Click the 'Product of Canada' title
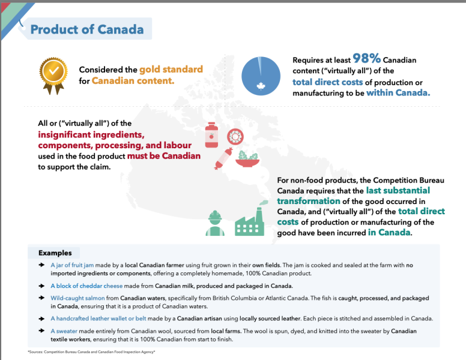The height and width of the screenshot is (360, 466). [86, 29]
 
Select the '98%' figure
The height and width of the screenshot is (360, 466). [366, 59]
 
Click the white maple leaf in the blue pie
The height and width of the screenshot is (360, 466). [261, 86]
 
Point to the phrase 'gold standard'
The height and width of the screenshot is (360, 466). [171, 69]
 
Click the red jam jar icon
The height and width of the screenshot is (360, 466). [211, 135]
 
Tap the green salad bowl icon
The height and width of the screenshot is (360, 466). [246, 159]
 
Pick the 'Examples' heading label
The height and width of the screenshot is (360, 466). [55, 253]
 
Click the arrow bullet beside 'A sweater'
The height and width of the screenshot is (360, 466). [41, 331]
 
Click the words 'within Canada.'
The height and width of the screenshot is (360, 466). [398, 92]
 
